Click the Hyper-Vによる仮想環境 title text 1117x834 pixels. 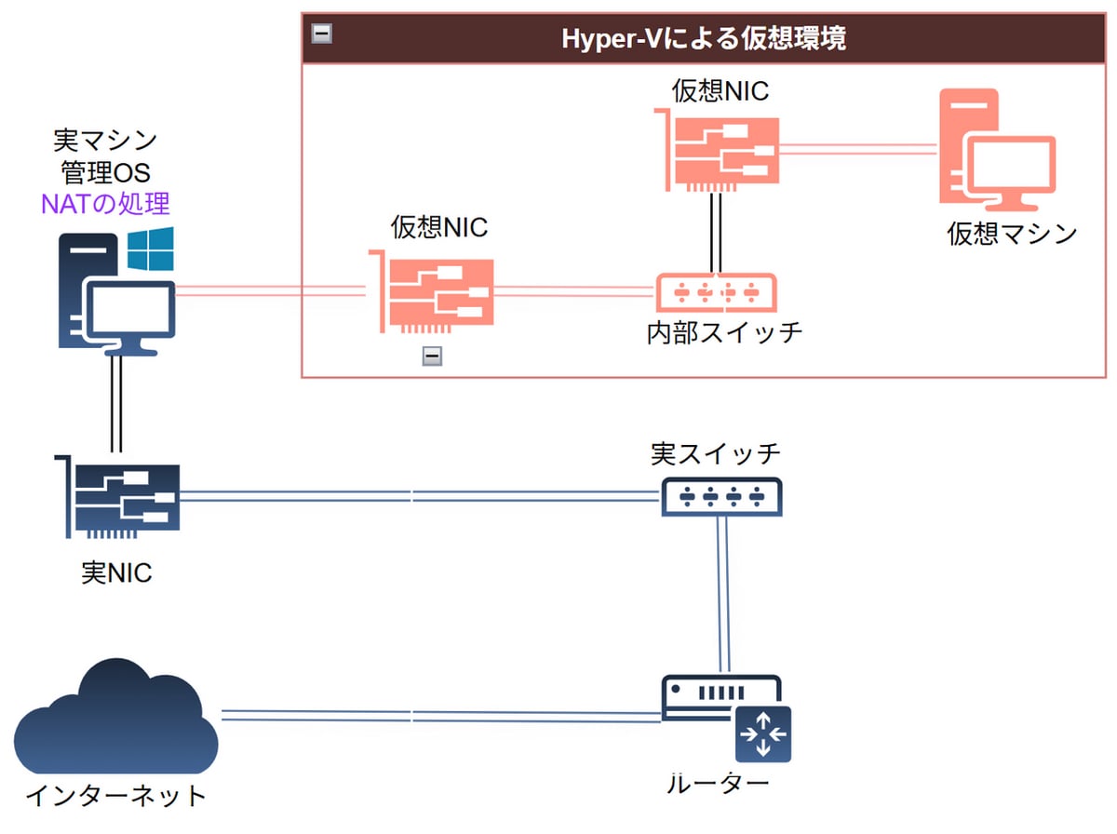(704, 38)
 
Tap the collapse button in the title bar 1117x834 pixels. (322, 34)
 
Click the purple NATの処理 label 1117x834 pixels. (105, 202)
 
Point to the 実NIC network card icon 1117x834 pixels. (118, 497)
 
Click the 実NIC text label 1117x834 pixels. (116, 573)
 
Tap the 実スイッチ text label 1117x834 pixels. (715, 455)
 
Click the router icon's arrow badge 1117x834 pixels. (762, 733)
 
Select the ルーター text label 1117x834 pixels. (718, 783)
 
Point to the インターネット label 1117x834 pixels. (115, 797)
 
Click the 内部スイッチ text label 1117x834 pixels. (724, 332)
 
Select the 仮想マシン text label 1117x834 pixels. (1012, 233)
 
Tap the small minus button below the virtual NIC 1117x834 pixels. (431, 356)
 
